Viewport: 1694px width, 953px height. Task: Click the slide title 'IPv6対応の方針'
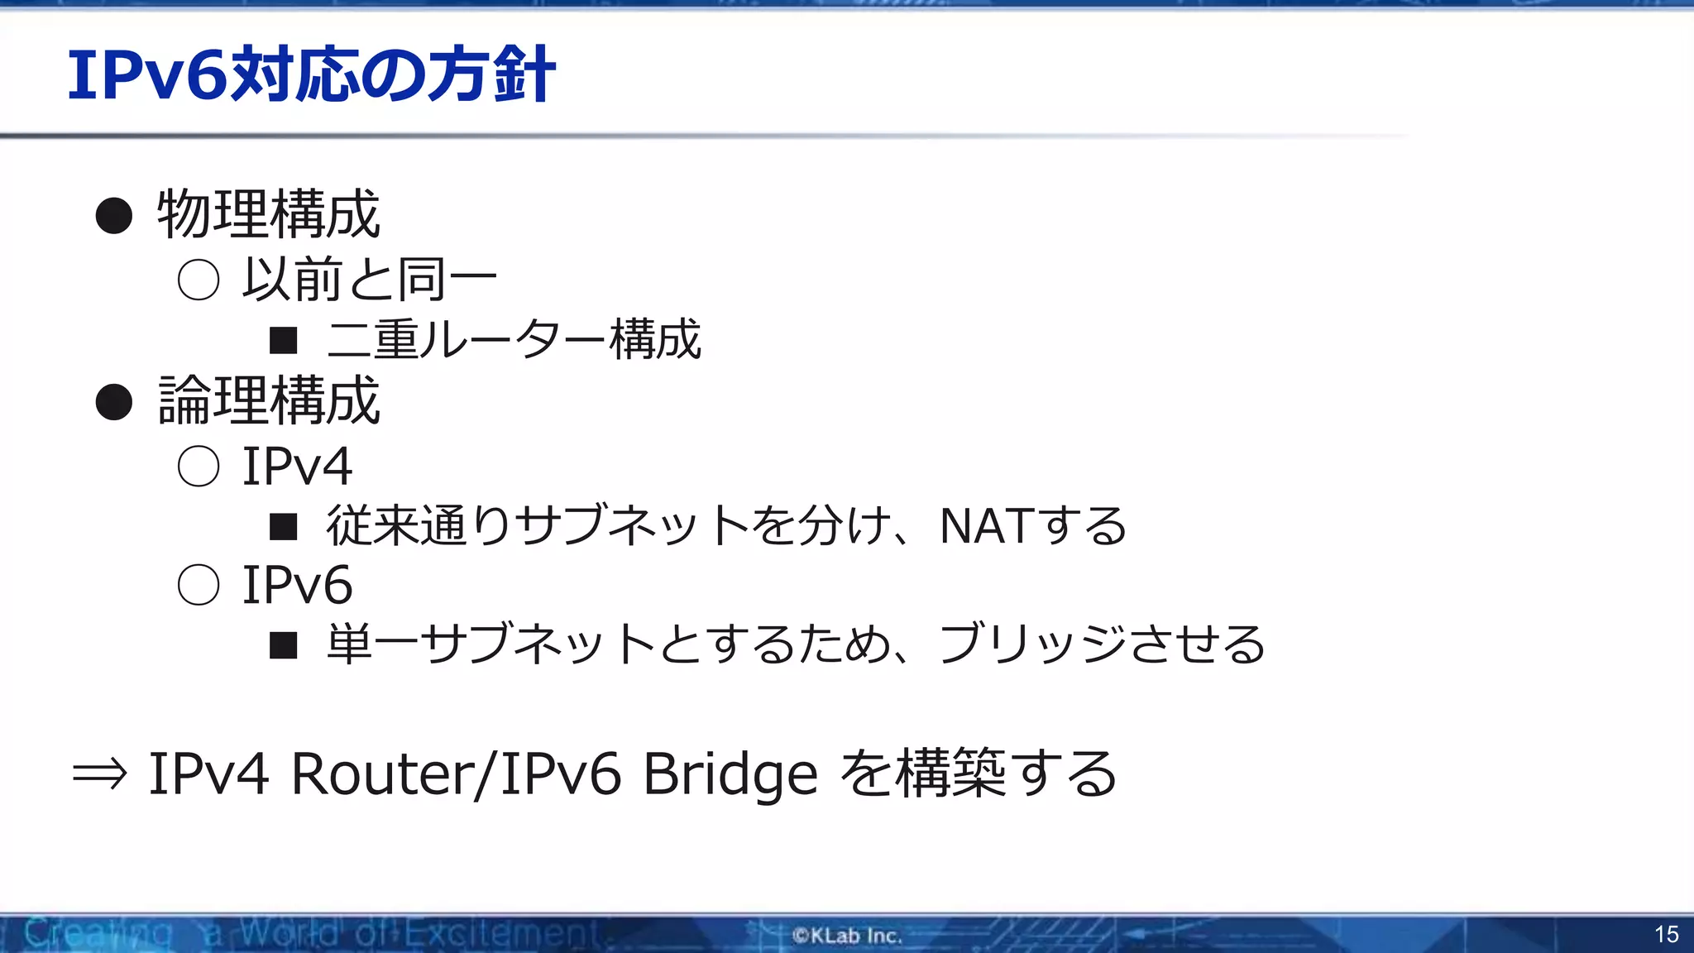(311, 75)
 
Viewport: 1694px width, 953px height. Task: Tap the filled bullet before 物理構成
(114, 216)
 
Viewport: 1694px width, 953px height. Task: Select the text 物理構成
(269, 214)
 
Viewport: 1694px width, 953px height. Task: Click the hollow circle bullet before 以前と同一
(199, 280)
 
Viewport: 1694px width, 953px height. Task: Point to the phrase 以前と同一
(370, 280)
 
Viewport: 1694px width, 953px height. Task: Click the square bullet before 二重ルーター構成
(284, 340)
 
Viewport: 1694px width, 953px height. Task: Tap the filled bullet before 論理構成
(114, 402)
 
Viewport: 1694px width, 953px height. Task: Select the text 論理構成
(269, 400)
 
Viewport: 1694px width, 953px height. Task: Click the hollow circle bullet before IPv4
(199, 467)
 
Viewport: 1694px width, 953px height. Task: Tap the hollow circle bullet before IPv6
(199, 585)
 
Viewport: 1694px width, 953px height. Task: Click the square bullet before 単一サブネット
(284, 645)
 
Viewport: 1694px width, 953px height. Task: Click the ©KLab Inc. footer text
(847, 936)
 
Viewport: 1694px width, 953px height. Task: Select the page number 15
(1666, 935)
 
